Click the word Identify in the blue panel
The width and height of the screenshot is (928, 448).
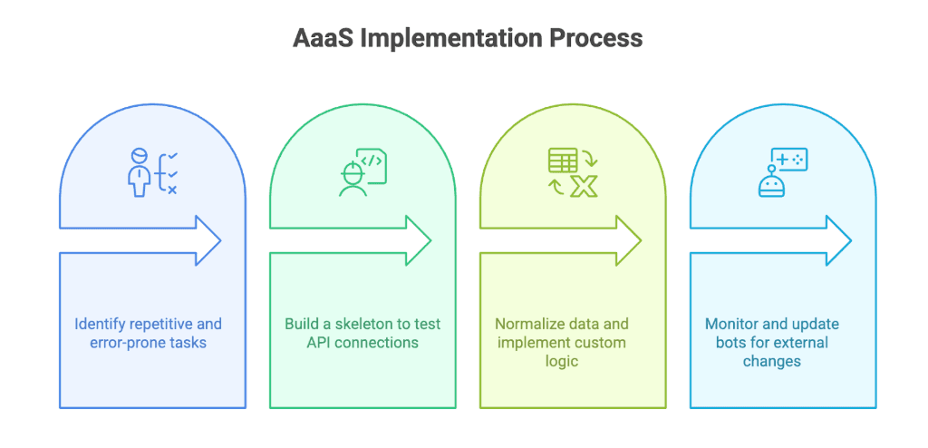(100, 324)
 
